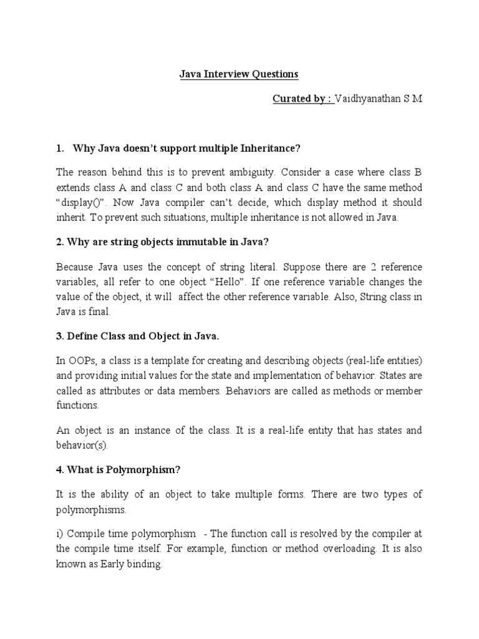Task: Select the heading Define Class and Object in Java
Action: point(137,336)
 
